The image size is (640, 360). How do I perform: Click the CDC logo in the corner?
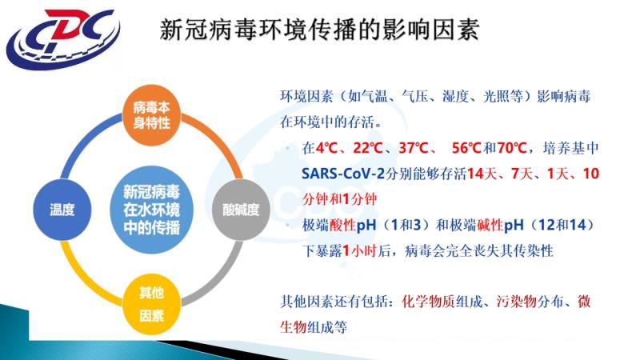64,39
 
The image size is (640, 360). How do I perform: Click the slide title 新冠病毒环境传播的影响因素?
319,29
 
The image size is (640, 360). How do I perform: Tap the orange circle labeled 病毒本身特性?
151,115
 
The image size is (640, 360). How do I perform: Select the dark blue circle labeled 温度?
62,210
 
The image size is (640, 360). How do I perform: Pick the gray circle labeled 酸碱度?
241,210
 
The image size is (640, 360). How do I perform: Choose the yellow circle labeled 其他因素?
151,304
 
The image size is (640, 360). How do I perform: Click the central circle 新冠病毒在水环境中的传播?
151,210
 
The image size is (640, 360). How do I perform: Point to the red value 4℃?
326,148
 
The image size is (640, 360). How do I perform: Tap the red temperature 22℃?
367,148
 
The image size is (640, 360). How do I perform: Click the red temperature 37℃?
413,148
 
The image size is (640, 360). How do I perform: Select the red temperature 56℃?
466,148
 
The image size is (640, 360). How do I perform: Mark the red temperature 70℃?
512,148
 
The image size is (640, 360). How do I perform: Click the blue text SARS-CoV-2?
343,174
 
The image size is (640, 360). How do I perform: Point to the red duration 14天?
482,174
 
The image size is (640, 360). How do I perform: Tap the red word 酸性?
342,226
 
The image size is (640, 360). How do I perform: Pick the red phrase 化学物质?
429,302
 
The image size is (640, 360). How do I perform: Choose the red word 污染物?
516,302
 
